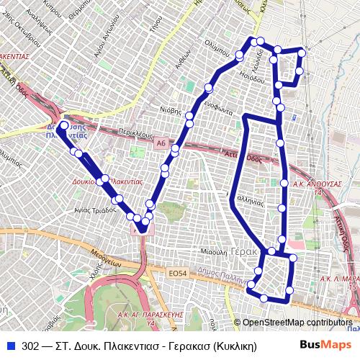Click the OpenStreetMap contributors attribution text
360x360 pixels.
point(297,323)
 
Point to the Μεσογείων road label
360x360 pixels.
point(104,258)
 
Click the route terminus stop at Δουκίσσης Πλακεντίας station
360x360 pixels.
point(63,125)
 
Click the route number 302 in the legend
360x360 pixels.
point(31,345)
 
